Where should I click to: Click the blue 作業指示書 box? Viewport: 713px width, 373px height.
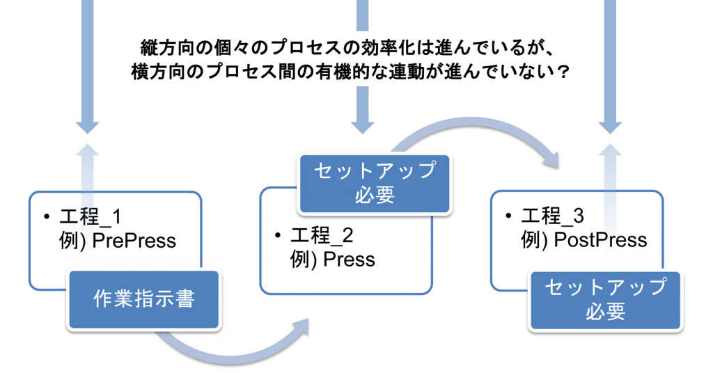pyautogui.click(x=143, y=299)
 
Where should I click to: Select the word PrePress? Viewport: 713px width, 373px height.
pyautogui.click(x=134, y=241)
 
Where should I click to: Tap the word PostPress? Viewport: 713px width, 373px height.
pyautogui.click(x=600, y=240)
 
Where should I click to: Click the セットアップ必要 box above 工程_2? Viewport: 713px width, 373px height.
pyautogui.click(x=375, y=183)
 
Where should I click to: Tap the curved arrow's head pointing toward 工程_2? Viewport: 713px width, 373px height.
pyautogui.click(x=301, y=327)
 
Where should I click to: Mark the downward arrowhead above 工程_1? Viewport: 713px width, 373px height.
pyautogui.click(x=87, y=125)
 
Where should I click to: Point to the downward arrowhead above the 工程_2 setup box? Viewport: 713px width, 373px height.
pyautogui.click(x=362, y=125)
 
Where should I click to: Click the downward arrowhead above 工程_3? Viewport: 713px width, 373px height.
pyautogui.click(x=611, y=125)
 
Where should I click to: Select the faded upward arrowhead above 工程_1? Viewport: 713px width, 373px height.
pyautogui.click(x=87, y=151)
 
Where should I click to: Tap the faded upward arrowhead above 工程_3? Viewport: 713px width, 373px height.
pyautogui.click(x=611, y=151)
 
